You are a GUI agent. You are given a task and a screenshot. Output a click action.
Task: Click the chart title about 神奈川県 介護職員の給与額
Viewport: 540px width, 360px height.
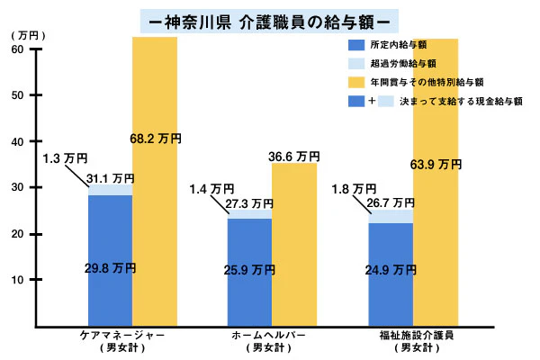click(x=271, y=19)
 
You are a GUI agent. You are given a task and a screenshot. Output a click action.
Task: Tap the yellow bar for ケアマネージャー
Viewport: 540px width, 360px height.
click(x=155, y=180)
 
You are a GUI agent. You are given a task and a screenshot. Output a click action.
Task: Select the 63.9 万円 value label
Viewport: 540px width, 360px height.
click(x=436, y=165)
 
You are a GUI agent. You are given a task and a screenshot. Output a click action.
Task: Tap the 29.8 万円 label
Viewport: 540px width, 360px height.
click(x=110, y=267)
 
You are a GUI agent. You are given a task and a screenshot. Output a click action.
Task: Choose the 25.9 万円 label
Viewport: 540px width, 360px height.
click(x=250, y=268)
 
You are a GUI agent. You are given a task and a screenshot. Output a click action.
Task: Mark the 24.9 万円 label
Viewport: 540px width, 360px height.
click(x=390, y=268)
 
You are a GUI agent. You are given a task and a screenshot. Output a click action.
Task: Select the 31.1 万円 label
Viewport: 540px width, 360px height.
click(x=111, y=178)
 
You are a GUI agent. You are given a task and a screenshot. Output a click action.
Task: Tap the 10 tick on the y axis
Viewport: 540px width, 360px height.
click(x=17, y=280)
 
